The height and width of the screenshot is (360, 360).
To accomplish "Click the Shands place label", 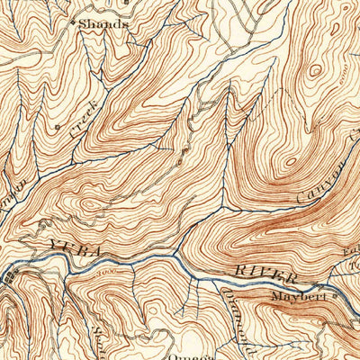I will [x=101, y=24].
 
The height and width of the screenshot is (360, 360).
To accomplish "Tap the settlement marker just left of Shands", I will [x=74, y=20].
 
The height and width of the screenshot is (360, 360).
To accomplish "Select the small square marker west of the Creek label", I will [x=57, y=127].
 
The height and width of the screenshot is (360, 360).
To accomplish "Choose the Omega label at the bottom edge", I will [x=180, y=354].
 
